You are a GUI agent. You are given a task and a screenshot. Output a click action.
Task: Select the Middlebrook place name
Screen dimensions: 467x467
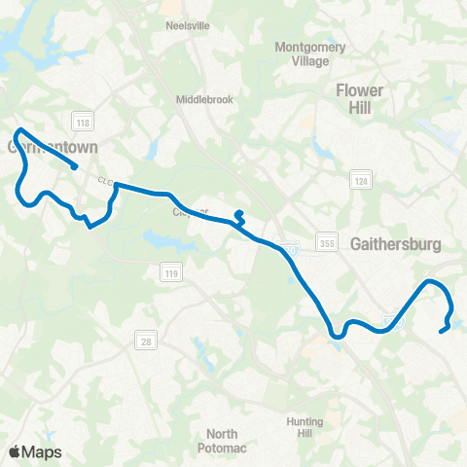(x=204, y=99)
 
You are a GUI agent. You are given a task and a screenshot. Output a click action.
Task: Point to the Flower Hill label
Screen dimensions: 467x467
(x=359, y=99)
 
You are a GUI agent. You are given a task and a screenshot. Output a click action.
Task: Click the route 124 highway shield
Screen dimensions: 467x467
(x=360, y=181)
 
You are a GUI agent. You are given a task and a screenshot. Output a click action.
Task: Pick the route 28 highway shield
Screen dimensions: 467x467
(x=144, y=339)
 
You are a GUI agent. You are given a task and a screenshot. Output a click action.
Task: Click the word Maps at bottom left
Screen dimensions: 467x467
(x=43, y=451)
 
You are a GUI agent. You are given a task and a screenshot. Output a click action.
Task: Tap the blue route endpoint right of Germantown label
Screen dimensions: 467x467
(x=76, y=166)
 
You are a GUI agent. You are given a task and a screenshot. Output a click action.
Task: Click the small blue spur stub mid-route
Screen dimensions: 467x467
(x=239, y=213)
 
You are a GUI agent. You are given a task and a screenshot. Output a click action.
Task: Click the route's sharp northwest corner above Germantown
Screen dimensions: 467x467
(x=18, y=129)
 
